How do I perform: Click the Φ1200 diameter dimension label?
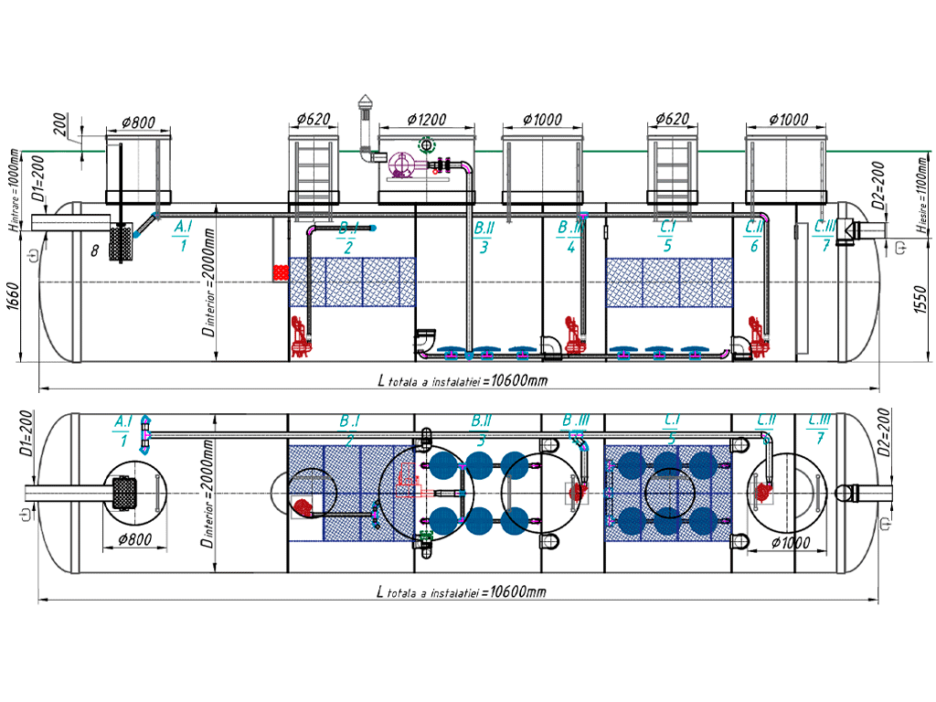[x=427, y=120]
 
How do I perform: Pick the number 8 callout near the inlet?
[x=93, y=248]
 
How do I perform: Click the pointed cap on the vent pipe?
[x=366, y=100]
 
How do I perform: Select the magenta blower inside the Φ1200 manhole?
[x=401, y=165]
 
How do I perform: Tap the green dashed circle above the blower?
[x=426, y=144]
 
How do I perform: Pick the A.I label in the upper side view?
[x=183, y=226]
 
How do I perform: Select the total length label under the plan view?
[x=462, y=591]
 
